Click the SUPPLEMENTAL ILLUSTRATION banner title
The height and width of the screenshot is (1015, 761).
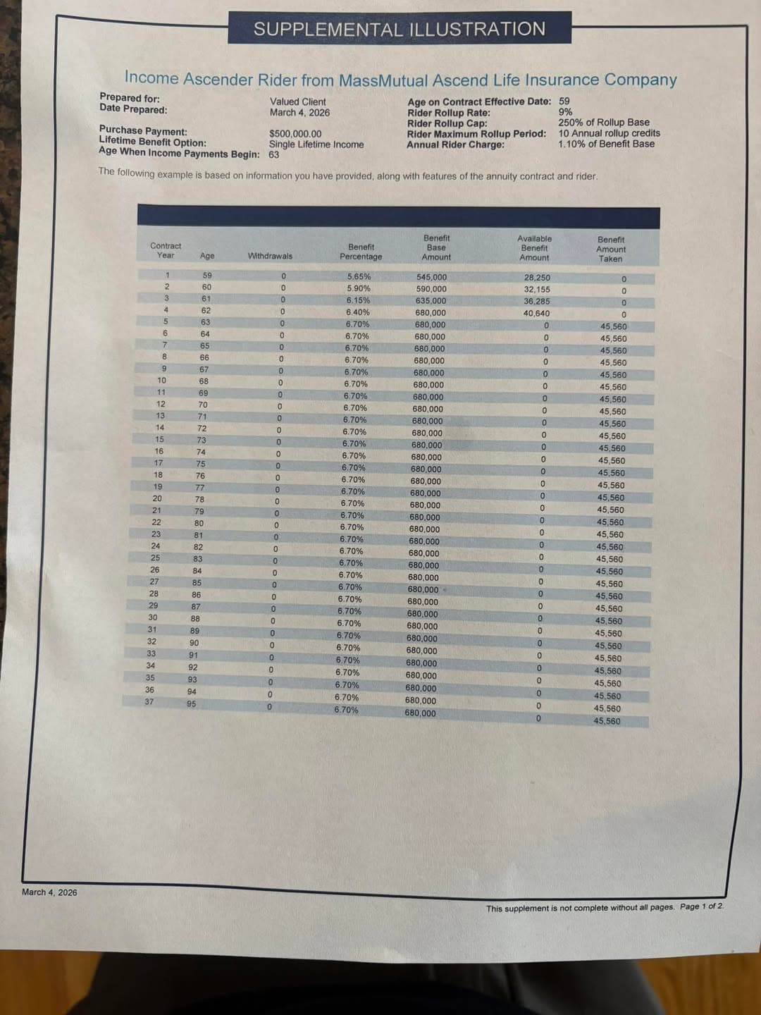tap(400, 29)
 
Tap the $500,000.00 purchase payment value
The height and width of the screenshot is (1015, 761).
tap(295, 134)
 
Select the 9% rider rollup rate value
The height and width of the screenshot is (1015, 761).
tap(565, 112)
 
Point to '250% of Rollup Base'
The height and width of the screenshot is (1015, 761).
tap(604, 123)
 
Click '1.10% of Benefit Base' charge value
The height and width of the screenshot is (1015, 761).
tap(606, 144)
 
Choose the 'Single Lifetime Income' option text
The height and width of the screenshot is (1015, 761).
tap(316, 144)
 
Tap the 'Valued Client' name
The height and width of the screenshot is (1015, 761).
tap(297, 101)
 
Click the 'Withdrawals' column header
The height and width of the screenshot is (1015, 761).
tap(270, 256)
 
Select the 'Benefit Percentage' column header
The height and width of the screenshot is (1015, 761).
tap(361, 252)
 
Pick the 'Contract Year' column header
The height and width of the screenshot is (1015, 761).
tap(166, 250)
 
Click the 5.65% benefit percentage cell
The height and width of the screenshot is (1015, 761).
tap(359, 277)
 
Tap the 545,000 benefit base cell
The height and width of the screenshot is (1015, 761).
tap(431, 278)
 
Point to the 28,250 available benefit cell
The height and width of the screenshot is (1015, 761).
tap(537, 278)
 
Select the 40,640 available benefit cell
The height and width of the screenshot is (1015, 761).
tap(536, 314)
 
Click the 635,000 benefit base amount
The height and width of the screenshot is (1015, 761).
tap(431, 301)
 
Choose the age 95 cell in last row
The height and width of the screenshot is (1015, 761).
tap(192, 703)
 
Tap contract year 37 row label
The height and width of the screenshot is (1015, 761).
tap(149, 702)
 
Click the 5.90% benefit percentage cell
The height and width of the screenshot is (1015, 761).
tap(359, 288)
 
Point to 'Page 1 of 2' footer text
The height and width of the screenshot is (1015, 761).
tap(702, 906)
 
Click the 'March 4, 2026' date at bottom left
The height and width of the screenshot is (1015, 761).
tap(49, 892)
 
